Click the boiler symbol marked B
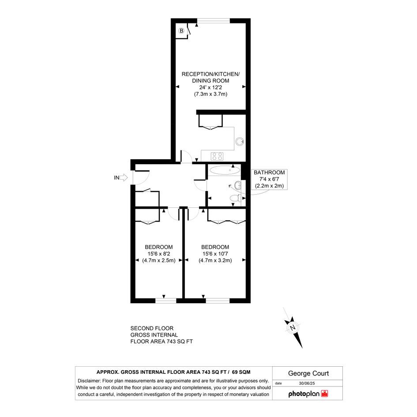[181, 31]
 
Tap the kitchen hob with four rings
[217, 156]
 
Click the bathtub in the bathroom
[225, 170]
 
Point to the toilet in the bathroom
[236, 198]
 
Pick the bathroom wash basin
[238, 185]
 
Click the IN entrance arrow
[124, 177]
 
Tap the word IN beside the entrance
[116, 178]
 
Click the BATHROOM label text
[269, 173]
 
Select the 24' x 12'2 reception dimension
[210, 87]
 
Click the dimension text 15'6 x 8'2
[159, 254]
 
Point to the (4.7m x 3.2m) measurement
[215, 260]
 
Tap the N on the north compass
[293, 327]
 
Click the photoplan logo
[308, 394]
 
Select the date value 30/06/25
[307, 383]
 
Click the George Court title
[308, 373]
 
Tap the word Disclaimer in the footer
[89, 381]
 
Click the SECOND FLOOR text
[152, 328]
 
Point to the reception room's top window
[213, 21]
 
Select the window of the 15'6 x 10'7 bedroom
[218, 301]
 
